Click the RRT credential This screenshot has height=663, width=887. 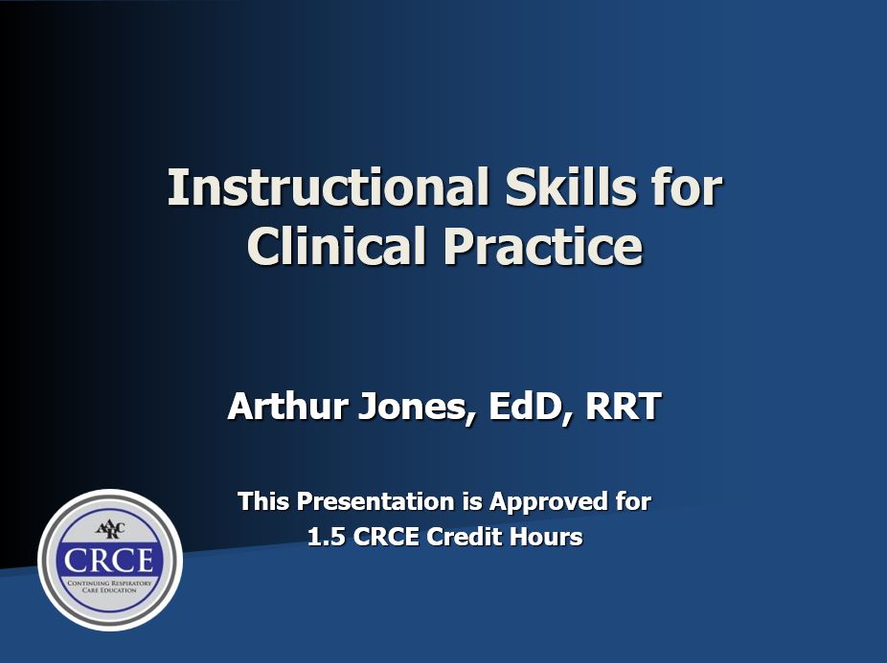624,407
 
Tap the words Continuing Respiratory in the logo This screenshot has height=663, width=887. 109,582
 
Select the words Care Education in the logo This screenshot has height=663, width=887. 109,590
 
